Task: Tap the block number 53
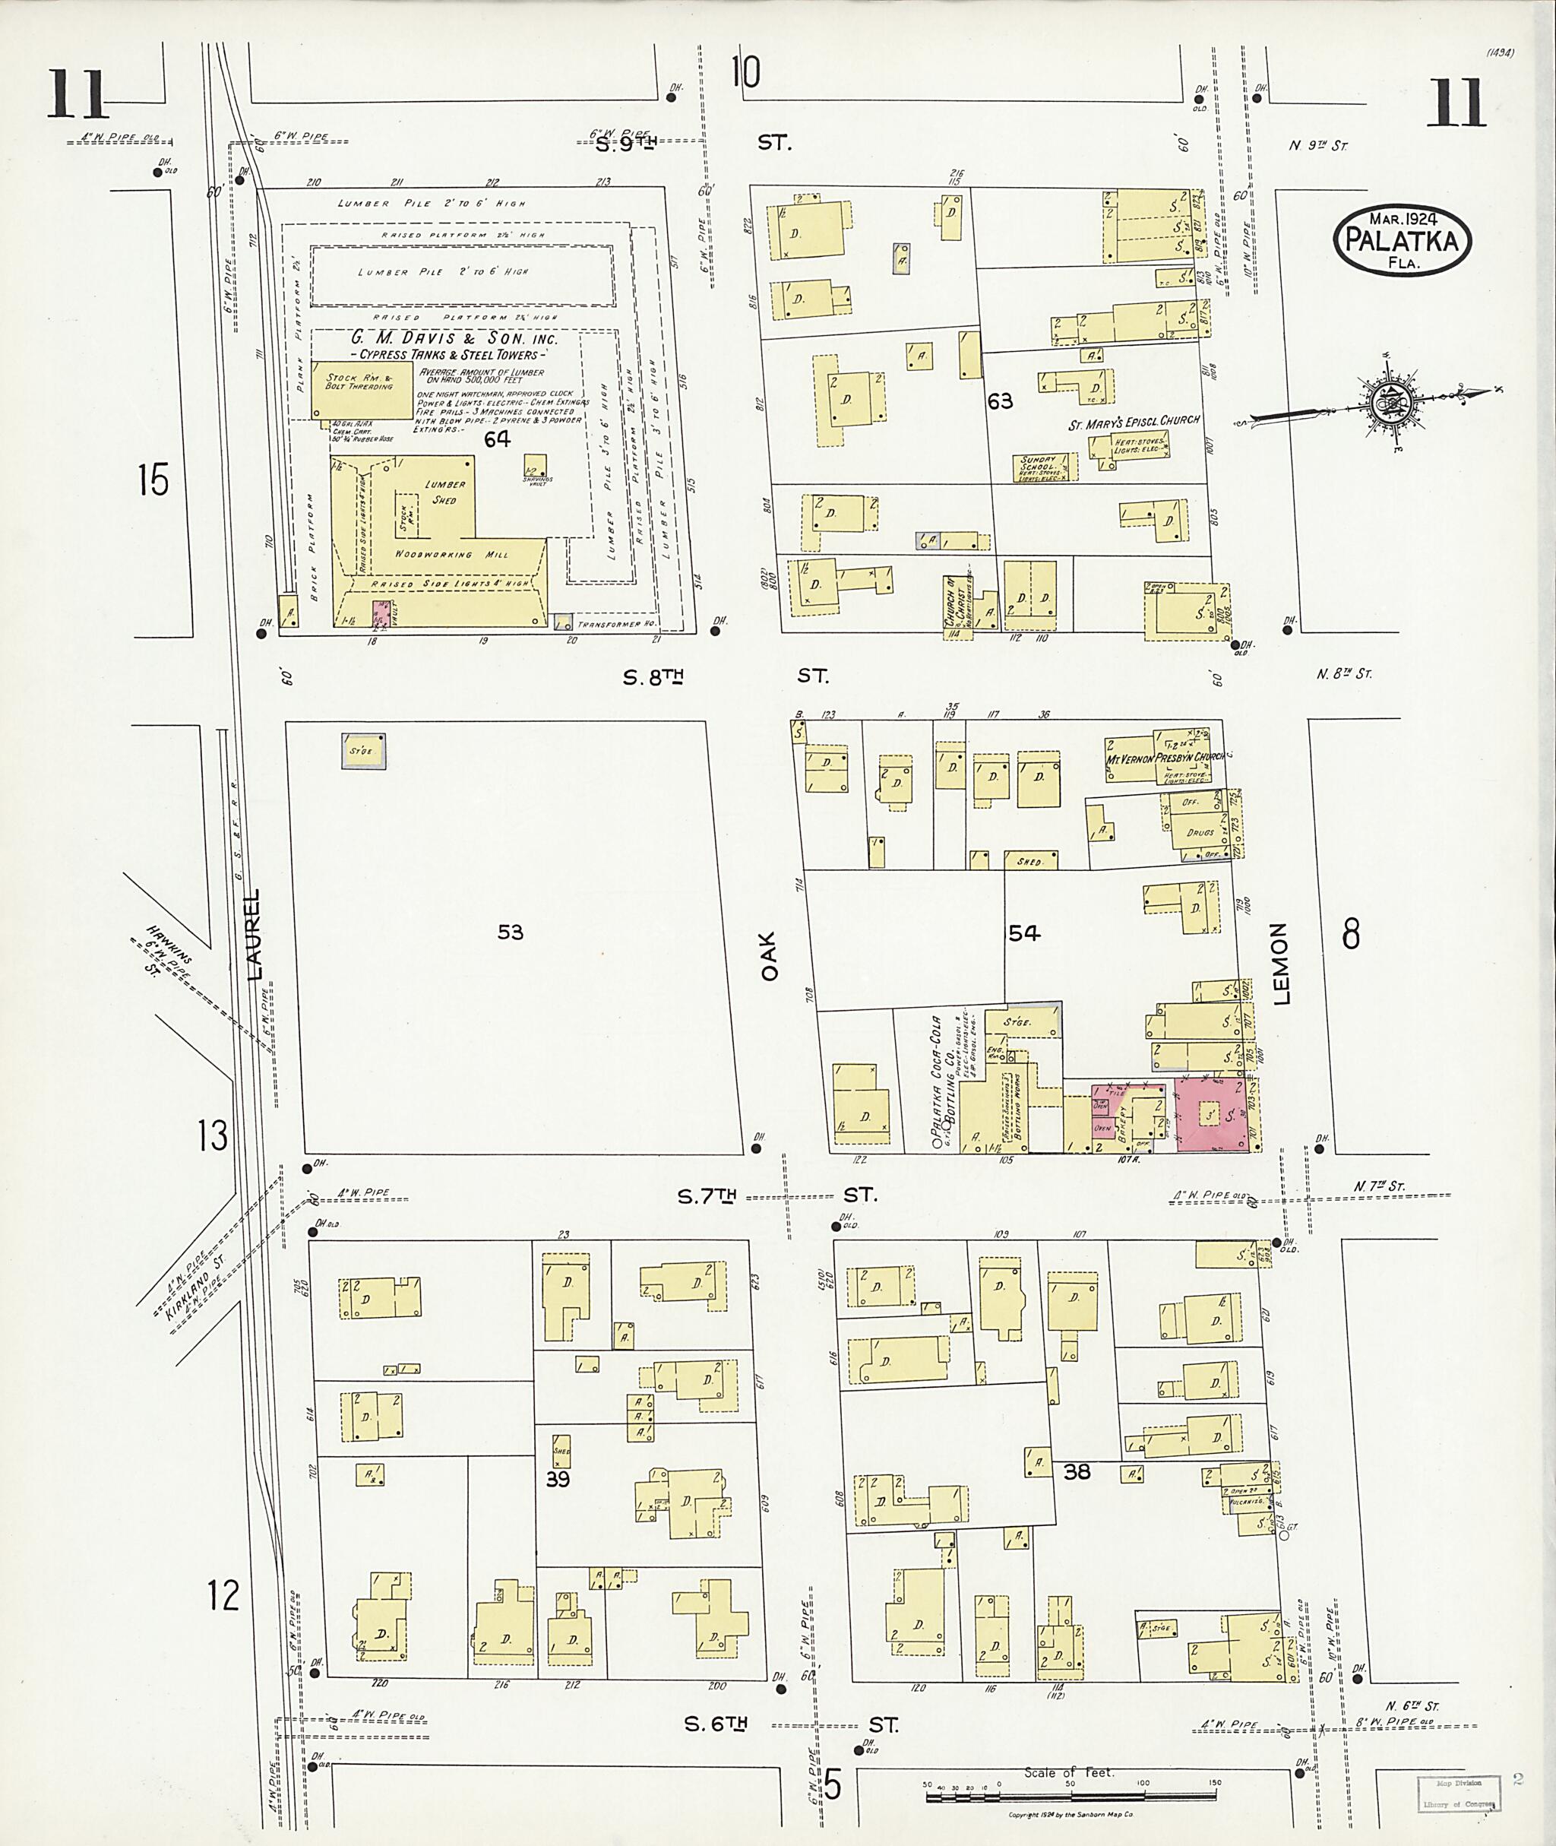(x=510, y=932)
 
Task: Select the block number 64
(x=498, y=439)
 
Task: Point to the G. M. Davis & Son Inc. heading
(x=454, y=339)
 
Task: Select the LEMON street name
(x=1280, y=964)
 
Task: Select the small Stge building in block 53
(x=362, y=750)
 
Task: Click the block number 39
(x=558, y=1479)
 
